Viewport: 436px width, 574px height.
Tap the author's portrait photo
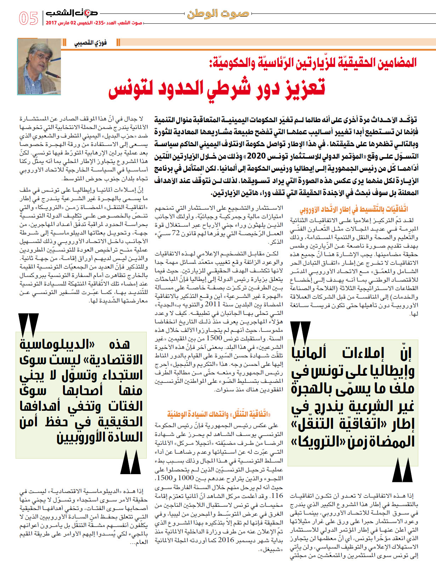[39, 67]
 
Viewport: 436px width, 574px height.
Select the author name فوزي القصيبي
[90, 43]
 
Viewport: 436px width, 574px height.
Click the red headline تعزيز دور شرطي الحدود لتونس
[217, 88]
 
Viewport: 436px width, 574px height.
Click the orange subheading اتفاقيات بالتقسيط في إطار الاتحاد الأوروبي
[354, 210]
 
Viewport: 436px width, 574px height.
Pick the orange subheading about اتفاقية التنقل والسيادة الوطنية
[219, 414]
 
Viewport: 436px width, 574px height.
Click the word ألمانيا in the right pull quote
[308, 353]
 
